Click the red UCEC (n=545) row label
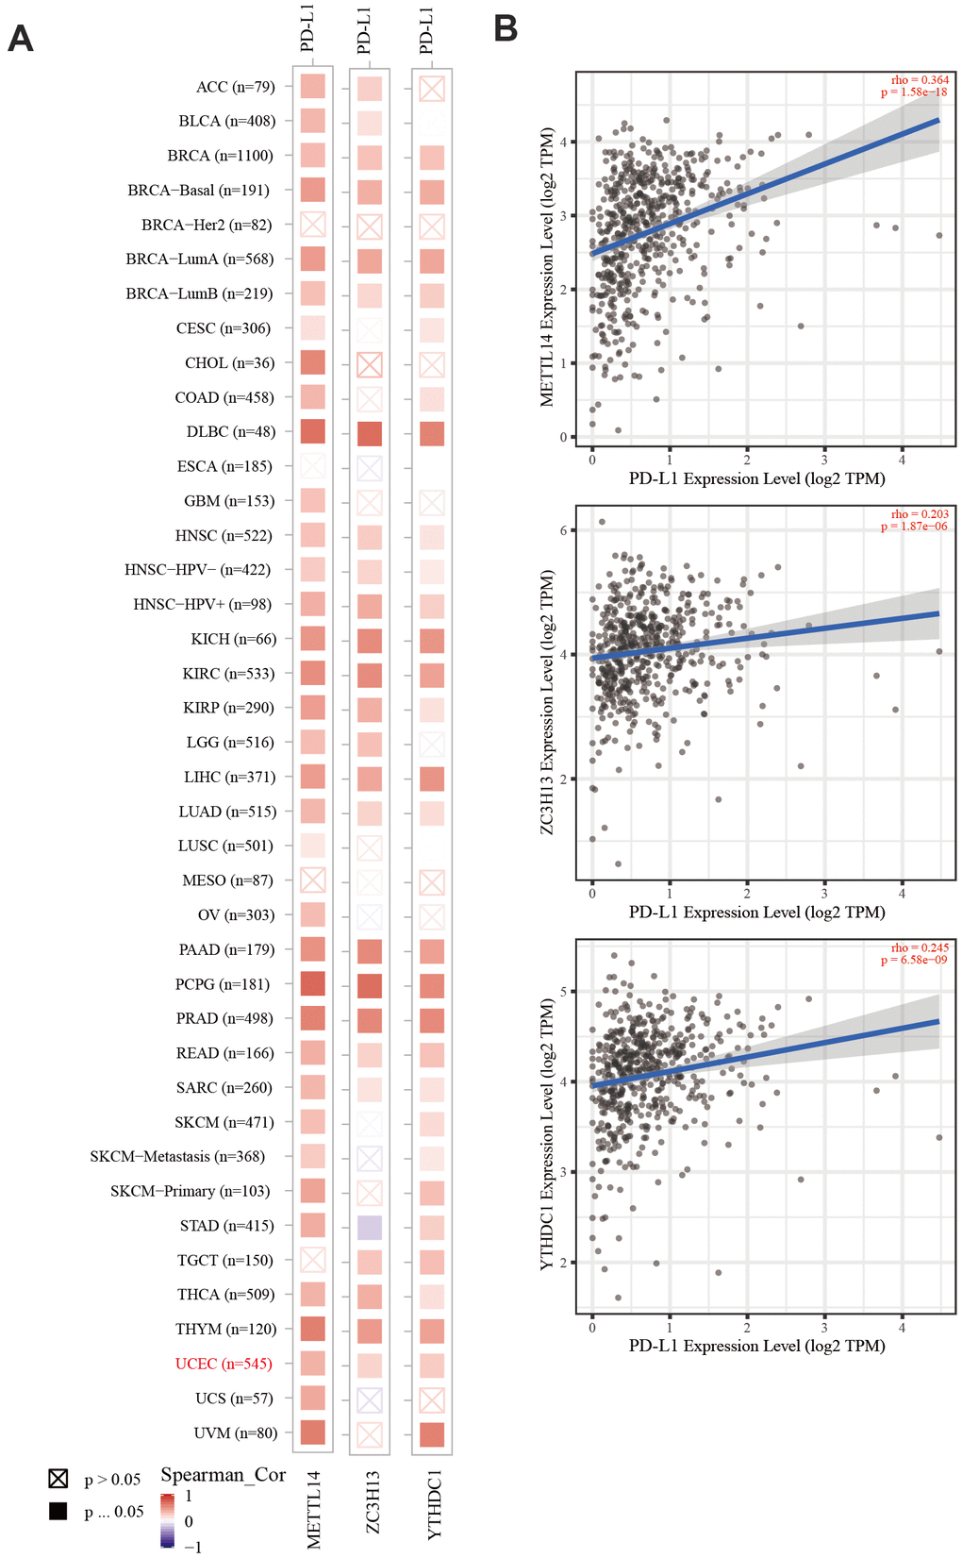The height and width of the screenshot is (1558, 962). click(224, 1364)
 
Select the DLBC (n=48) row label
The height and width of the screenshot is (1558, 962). click(231, 431)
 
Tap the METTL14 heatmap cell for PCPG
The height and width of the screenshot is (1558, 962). click(313, 983)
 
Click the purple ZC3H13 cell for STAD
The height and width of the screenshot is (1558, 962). click(370, 1226)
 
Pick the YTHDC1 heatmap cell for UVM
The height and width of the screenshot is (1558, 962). click(432, 1433)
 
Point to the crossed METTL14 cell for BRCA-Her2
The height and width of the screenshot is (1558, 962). click(313, 225)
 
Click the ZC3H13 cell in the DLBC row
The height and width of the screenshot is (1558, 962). click(370, 433)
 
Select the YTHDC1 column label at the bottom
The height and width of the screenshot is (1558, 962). click(434, 1504)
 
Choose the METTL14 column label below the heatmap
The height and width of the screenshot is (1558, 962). click(314, 1509)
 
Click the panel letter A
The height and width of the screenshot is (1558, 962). click(21, 39)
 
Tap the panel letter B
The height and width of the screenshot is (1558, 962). click(506, 28)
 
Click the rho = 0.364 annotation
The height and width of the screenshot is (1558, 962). click(920, 80)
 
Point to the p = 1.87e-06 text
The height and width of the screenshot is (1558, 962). click(914, 527)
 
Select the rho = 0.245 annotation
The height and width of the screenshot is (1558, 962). click(920, 947)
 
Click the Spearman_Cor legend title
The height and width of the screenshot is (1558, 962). click(223, 1474)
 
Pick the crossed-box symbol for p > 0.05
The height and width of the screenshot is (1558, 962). click(58, 1478)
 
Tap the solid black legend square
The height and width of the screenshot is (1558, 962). click(58, 1511)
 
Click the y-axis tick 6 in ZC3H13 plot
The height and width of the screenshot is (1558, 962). click(563, 530)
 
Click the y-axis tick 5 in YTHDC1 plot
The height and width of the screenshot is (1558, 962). click(563, 992)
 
